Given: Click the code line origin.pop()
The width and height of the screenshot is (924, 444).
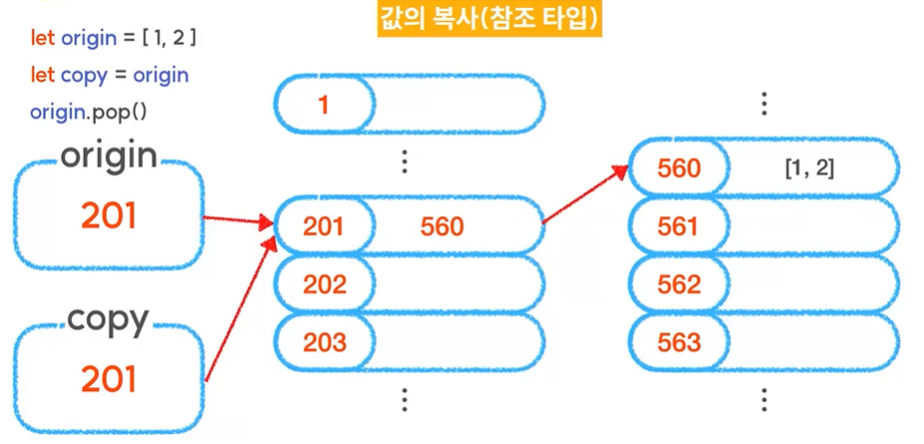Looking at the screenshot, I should point(89,111).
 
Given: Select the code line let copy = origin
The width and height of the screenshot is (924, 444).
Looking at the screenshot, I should point(110,75).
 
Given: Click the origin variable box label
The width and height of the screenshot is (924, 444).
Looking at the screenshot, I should point(110,156).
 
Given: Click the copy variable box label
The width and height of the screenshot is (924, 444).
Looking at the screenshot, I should point(109,321).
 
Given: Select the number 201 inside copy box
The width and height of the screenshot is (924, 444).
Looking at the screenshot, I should point(110,379).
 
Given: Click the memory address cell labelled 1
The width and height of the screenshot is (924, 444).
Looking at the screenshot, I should point(324,105).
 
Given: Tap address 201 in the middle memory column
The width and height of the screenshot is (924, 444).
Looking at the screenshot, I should point(324,227).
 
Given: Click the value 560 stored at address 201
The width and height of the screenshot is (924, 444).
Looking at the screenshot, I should point(442,227).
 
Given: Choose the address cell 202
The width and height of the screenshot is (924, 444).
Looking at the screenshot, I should point(324,285).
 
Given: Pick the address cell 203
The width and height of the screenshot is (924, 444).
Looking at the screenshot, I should point(324,342).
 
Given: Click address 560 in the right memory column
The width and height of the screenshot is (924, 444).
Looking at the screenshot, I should point(680,168).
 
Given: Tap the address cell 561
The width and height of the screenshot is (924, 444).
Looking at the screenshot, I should point(680,227).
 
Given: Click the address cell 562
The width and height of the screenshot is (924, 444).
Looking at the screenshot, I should point(680,285).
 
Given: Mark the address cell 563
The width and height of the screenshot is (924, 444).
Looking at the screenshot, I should point(680,342).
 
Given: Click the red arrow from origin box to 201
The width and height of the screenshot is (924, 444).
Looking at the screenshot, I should point(237,219).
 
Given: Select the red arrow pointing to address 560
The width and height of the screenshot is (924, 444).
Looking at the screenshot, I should point(585,194).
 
